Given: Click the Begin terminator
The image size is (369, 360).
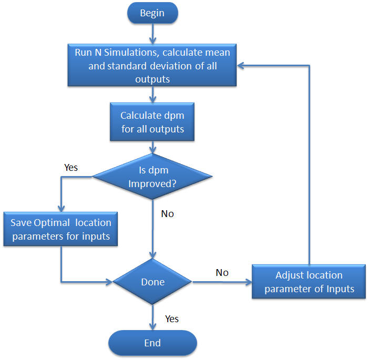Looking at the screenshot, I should pos(152,13).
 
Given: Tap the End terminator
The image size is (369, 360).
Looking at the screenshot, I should pos(152,343).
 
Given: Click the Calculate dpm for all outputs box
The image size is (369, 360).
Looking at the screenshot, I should pos(152,122).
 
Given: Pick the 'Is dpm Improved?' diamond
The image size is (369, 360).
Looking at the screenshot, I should pos(152,176).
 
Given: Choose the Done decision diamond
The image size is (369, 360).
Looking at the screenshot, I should pos(152,282).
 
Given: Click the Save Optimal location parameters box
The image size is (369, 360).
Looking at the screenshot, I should pos(61,229).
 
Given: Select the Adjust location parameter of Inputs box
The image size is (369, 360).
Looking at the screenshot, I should pos(309,282).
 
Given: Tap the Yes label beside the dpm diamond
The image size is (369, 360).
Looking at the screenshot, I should pos(71,167).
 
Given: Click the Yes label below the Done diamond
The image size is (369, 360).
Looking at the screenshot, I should pos(172,319).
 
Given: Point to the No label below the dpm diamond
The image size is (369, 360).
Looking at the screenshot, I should pos(168,214).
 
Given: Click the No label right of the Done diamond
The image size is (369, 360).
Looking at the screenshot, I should pos(222,272).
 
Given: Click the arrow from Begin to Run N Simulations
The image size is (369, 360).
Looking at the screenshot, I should pos(152,34).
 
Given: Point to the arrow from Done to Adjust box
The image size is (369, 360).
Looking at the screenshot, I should pos(221,282).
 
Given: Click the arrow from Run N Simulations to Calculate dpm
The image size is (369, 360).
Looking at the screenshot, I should pos(152,95).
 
